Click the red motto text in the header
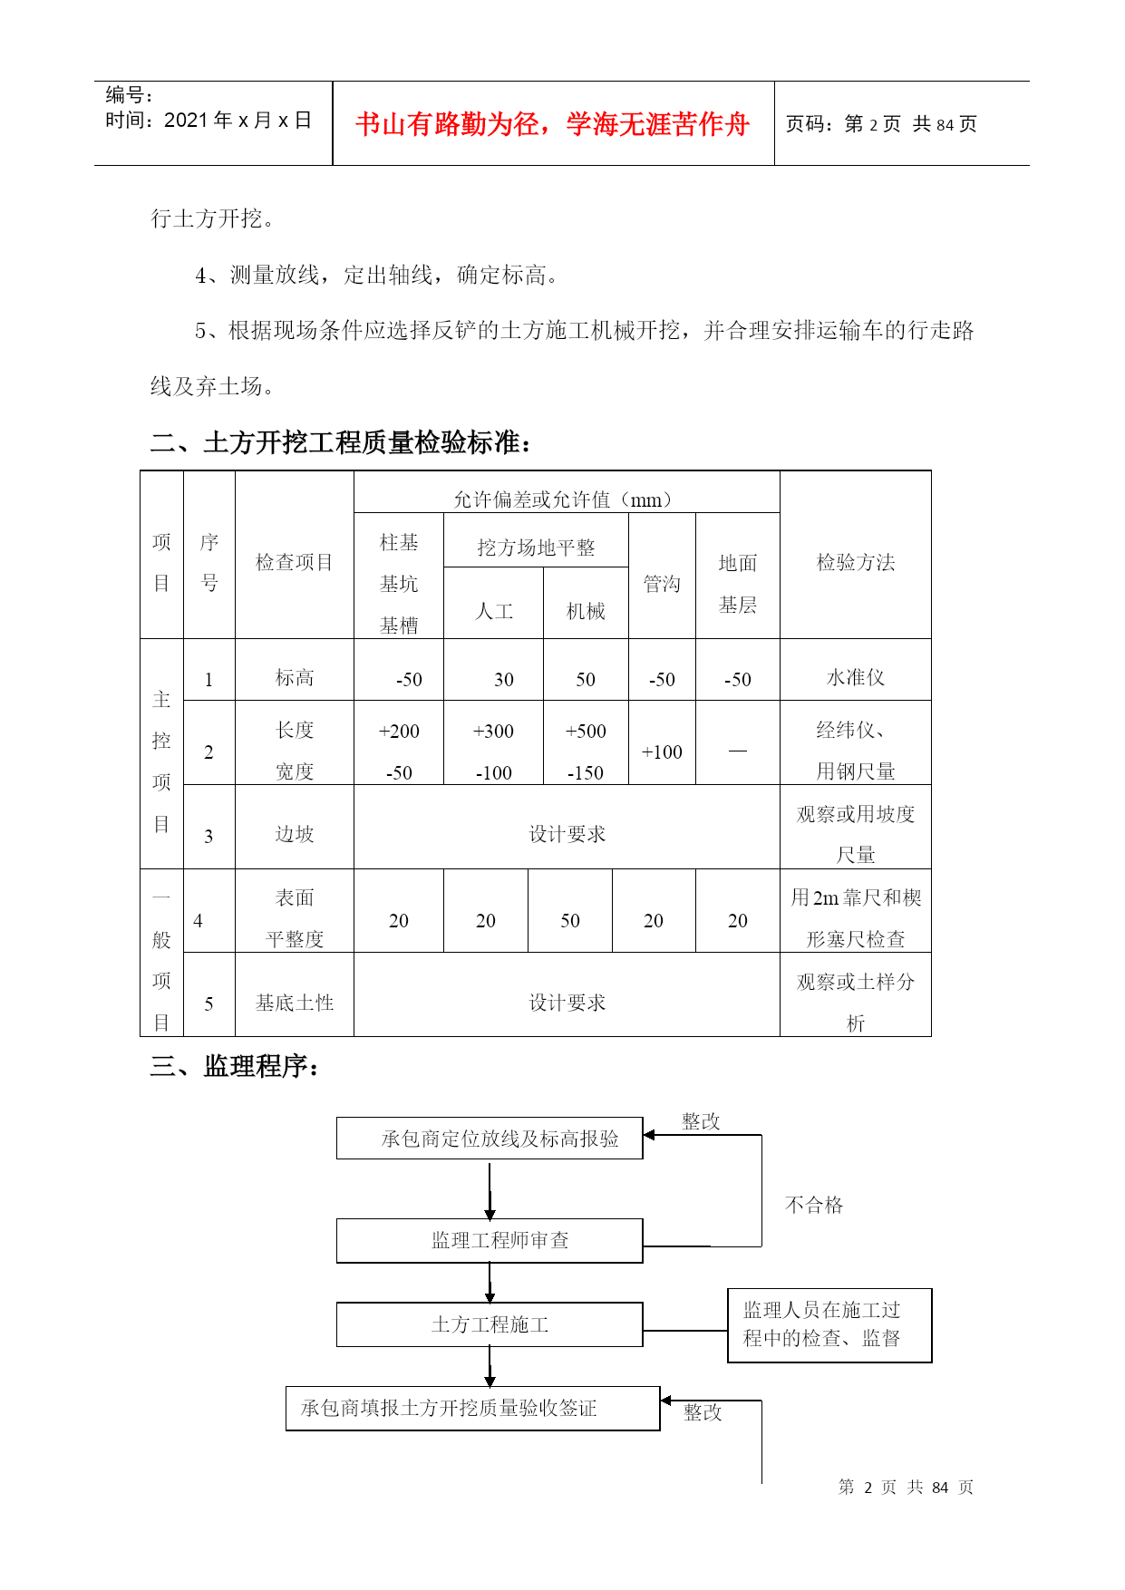[552, 124]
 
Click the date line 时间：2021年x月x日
[209, 121]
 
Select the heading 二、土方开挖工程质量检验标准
[340, 442]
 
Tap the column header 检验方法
[855, 562]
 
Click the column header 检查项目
[294, 562]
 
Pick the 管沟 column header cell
[662, 584]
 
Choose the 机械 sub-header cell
[586, 611]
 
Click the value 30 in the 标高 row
[503, 679]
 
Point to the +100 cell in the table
[662, 751]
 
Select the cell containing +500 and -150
[586, 751]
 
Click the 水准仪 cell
[855, 677]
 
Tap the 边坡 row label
[294, 834]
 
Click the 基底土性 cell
[294, 1003]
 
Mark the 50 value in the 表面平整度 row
[569, 920]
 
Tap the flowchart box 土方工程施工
[490, 1324]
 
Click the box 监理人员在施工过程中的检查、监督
[829, 1324]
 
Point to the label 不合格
[813, 1205]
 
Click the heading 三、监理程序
[235, 1066]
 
